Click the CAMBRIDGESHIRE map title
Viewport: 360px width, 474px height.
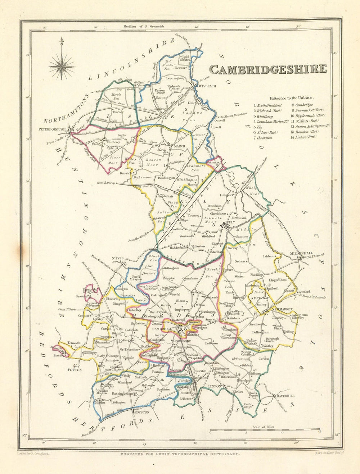268,69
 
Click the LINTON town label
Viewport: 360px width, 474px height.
214,386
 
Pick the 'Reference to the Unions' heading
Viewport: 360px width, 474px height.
292,97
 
